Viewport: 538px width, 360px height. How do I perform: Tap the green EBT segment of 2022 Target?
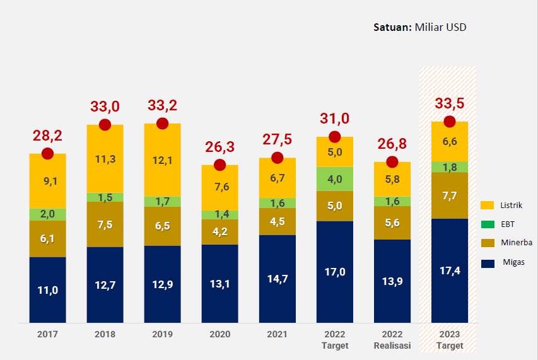click(x=334, y=179)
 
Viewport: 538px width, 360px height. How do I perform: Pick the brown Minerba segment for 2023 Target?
click(x=449, y=195)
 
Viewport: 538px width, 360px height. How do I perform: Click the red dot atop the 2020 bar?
click(x=219, y=165)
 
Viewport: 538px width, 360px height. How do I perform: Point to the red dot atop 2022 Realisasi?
click(x=392, y=161)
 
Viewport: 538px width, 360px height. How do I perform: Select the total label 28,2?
click(x=47, y=136)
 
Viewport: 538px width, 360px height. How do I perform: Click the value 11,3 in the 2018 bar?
click(x=105, y=159)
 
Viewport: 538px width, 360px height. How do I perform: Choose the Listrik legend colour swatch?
click(x=487, y=206)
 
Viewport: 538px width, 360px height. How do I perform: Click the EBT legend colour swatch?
click(x=487, y=224)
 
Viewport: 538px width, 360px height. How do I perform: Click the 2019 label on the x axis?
click(x=162, y=334)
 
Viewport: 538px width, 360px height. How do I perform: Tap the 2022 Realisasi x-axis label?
click(x=392, y=340)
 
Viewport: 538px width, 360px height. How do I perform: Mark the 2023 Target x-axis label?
click(x=449, y=340)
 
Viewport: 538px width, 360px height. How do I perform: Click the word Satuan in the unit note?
click(x=392, y=27)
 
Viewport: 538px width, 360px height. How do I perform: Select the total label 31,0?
click(x=334, y=119)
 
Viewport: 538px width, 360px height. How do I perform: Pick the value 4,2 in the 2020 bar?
click(x=219, y=231)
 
